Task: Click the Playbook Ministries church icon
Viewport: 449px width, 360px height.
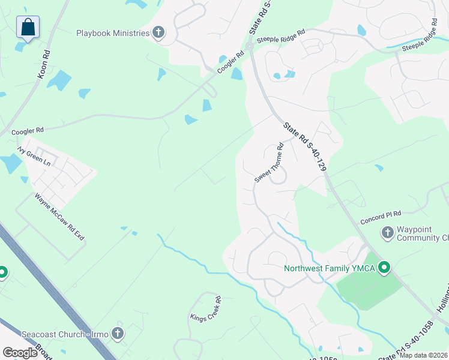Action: pyautogui.click(x=158, y=32)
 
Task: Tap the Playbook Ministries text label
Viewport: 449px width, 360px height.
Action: pyautogui.click(x=113, y=33)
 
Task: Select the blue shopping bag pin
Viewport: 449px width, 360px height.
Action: pyautogui.click(x=28, y=28)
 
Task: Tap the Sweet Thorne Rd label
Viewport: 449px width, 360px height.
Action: pyautogui.click(x=270, y=163)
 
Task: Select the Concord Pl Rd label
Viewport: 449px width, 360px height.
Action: pyautogui.click(x=381, y=217)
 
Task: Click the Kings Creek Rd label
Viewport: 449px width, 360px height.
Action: pyautogui.click(x=206, y=308)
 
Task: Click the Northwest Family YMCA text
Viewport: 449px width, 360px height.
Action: pyautogui.click(x=330, y=268)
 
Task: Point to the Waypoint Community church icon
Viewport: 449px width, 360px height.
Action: pyautogui.click(x=387, y=232)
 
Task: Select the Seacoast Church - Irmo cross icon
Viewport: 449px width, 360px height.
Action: pyautogui.click(x=118, y=333)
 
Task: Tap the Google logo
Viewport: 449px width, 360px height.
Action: pyautogui.click(x=20, y=353)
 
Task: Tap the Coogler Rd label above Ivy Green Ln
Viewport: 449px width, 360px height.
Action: pyautogui.click(x=28, y=130)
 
